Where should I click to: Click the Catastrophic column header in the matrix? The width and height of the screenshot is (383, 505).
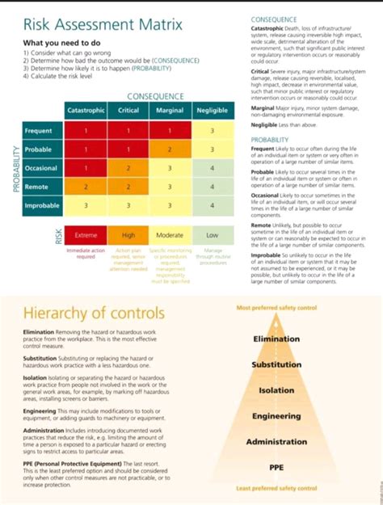click(x=86, y=111)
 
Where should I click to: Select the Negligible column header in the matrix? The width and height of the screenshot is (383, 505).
click(x=213, y=111)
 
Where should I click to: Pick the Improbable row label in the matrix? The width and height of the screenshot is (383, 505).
click(x=41, y=205)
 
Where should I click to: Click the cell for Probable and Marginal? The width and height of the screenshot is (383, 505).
click(x=170, y=149)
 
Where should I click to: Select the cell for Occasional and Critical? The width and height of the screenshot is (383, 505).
click(x=128, y=168)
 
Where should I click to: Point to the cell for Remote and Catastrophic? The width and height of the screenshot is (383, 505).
click(x=86, y=187)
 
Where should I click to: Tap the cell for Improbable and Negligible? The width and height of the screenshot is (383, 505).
click(x=213, y=205)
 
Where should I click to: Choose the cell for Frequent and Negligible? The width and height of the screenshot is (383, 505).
click(x=213, y=130)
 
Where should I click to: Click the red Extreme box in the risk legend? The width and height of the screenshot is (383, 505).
click(x=86, y=235)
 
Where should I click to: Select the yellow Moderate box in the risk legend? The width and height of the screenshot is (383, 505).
click(x=170, y=235)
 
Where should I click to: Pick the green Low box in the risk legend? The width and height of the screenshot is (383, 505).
click(x=212, y=235)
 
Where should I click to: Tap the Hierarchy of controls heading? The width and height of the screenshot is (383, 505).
click(x=94, y=313)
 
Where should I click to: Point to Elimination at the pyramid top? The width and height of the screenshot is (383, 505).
click(x=276, y=339)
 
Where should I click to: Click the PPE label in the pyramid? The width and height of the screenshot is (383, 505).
click(x=276, y=466)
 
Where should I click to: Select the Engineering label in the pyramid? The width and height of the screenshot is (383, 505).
click(x=276, y=416)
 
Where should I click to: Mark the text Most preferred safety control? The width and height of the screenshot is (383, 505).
click(x=276, y=308)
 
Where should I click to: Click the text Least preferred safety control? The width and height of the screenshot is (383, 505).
click(x=276, y=488)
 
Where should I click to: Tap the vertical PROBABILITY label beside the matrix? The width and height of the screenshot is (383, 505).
click(x=14, y=168)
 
